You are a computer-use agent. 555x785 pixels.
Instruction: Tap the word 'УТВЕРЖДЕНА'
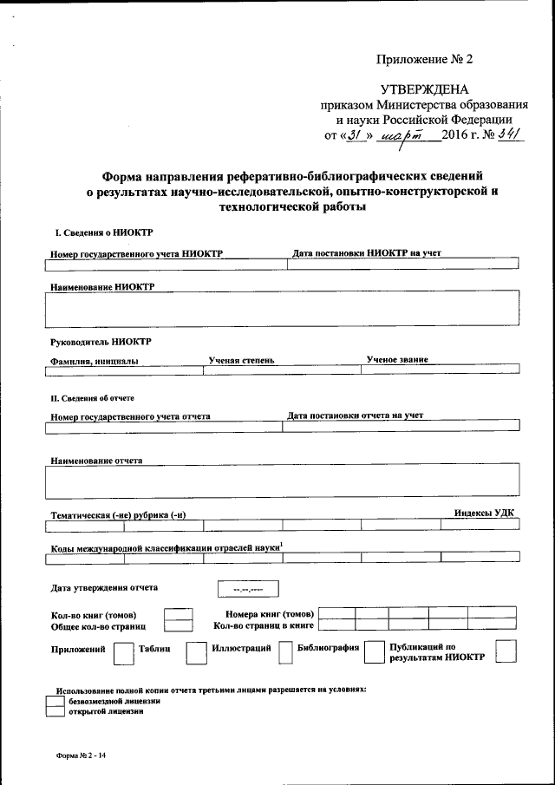(424, 89)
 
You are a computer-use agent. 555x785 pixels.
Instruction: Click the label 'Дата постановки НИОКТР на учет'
(368, 252)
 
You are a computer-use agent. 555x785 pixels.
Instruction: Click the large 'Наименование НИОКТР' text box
(282, 310)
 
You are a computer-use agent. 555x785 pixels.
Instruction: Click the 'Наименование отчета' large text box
(282, 481)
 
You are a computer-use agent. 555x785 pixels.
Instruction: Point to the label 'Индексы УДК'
(484, 513)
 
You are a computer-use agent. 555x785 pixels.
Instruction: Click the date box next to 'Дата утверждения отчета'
(238, 592)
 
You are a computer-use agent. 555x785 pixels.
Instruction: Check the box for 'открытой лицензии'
(54, 711)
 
